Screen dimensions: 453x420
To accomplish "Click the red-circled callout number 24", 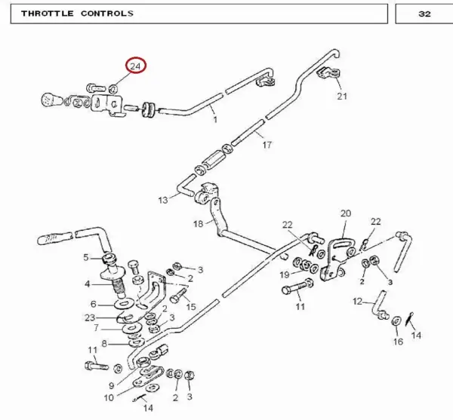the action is tap(135, 66).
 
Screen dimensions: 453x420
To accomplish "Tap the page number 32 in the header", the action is tap(424, 14).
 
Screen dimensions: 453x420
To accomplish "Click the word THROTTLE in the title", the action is tap(48, 14).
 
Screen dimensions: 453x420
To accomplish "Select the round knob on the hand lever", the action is tap(51, 100).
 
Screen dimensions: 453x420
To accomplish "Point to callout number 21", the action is tap(342, 96).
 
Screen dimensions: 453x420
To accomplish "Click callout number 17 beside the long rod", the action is tap(267, 145).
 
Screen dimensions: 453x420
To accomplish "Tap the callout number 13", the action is tap(163, 200).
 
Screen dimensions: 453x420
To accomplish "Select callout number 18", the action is tap(198, 223).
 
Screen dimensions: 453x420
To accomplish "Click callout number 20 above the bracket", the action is tap(346, 213).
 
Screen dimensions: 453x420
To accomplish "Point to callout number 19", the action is tap(285, 274).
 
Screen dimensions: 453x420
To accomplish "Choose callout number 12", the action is tap(357, 302).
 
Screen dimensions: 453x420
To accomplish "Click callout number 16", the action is tap(398, 342).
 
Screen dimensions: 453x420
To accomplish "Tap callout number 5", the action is tap(86, 257).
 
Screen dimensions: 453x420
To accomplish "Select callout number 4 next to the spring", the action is tap(88, 284).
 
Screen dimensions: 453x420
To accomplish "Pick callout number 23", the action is tap(90, 317).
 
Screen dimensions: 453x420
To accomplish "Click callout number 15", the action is tap(191, 307).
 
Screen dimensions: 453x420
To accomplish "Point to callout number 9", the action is tap(112, 385).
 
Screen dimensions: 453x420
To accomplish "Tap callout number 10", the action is tap(109, 398).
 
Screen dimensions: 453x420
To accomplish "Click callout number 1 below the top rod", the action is tap(215, 119).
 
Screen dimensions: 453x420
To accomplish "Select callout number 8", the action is tap(104, 344).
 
